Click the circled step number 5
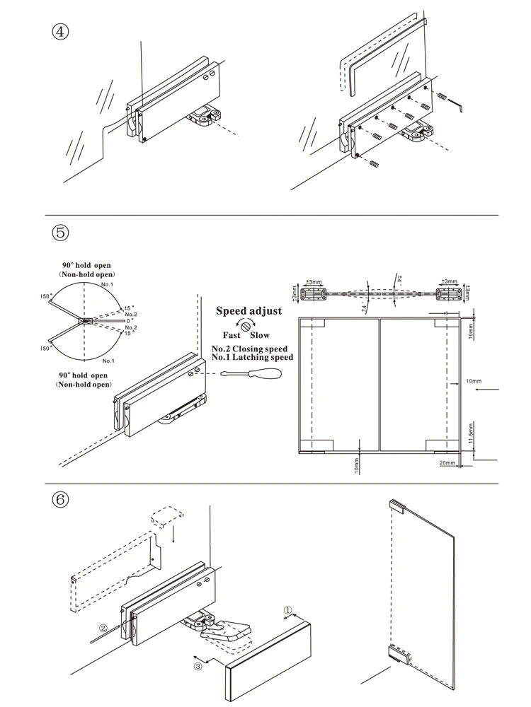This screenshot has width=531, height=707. point(61,233)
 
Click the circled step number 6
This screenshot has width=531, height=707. point(61,499)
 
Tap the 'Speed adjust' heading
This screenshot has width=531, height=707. point(249,310)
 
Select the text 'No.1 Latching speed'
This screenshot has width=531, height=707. point(253,358)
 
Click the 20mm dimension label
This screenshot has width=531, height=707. point(447,464)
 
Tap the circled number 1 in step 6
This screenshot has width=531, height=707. point(288,609)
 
